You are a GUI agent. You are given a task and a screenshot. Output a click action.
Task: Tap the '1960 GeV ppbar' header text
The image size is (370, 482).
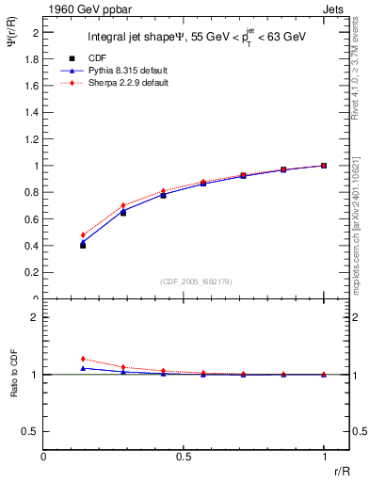81,8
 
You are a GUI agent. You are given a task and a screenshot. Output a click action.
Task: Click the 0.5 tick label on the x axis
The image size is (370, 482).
184,456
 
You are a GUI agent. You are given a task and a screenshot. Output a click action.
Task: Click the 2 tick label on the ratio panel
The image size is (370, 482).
35,318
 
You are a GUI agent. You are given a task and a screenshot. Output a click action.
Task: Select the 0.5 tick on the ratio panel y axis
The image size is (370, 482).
31,431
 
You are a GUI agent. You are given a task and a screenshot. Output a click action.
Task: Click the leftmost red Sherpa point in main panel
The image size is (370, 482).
83,235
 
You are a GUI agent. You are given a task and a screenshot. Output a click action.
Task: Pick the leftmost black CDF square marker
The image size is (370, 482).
83,245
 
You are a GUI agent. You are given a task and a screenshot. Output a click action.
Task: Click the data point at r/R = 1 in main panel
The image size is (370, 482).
324,166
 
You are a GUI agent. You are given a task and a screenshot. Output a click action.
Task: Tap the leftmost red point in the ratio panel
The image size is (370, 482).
83,359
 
